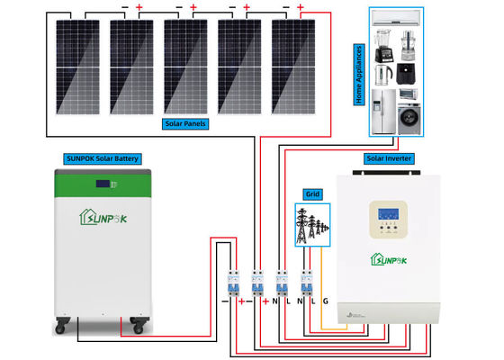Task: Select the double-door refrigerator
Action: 382,110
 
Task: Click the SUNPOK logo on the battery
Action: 102,216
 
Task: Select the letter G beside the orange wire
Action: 326,300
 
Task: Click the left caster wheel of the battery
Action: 61,326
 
